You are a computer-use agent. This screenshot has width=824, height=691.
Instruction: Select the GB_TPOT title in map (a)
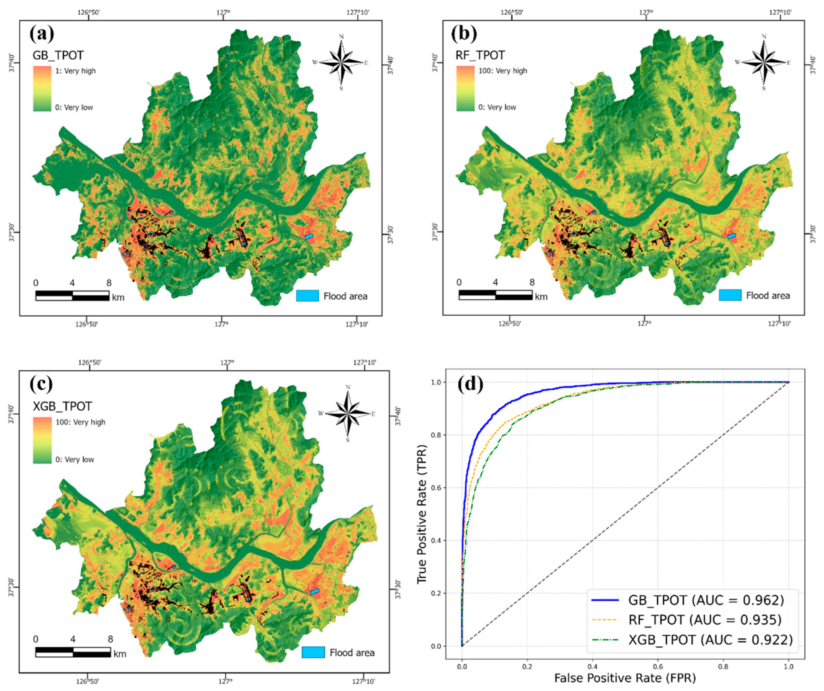[58, 55]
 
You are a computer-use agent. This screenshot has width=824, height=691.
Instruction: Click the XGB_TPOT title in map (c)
[62, 406]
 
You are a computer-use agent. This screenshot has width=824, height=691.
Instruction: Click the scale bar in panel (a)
[72, 296]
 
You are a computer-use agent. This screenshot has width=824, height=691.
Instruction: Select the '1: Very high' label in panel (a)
[75, 71]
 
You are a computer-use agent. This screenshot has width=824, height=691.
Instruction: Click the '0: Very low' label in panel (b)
[497, 107]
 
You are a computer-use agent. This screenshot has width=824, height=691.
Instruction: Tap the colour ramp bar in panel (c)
[42, 440]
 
